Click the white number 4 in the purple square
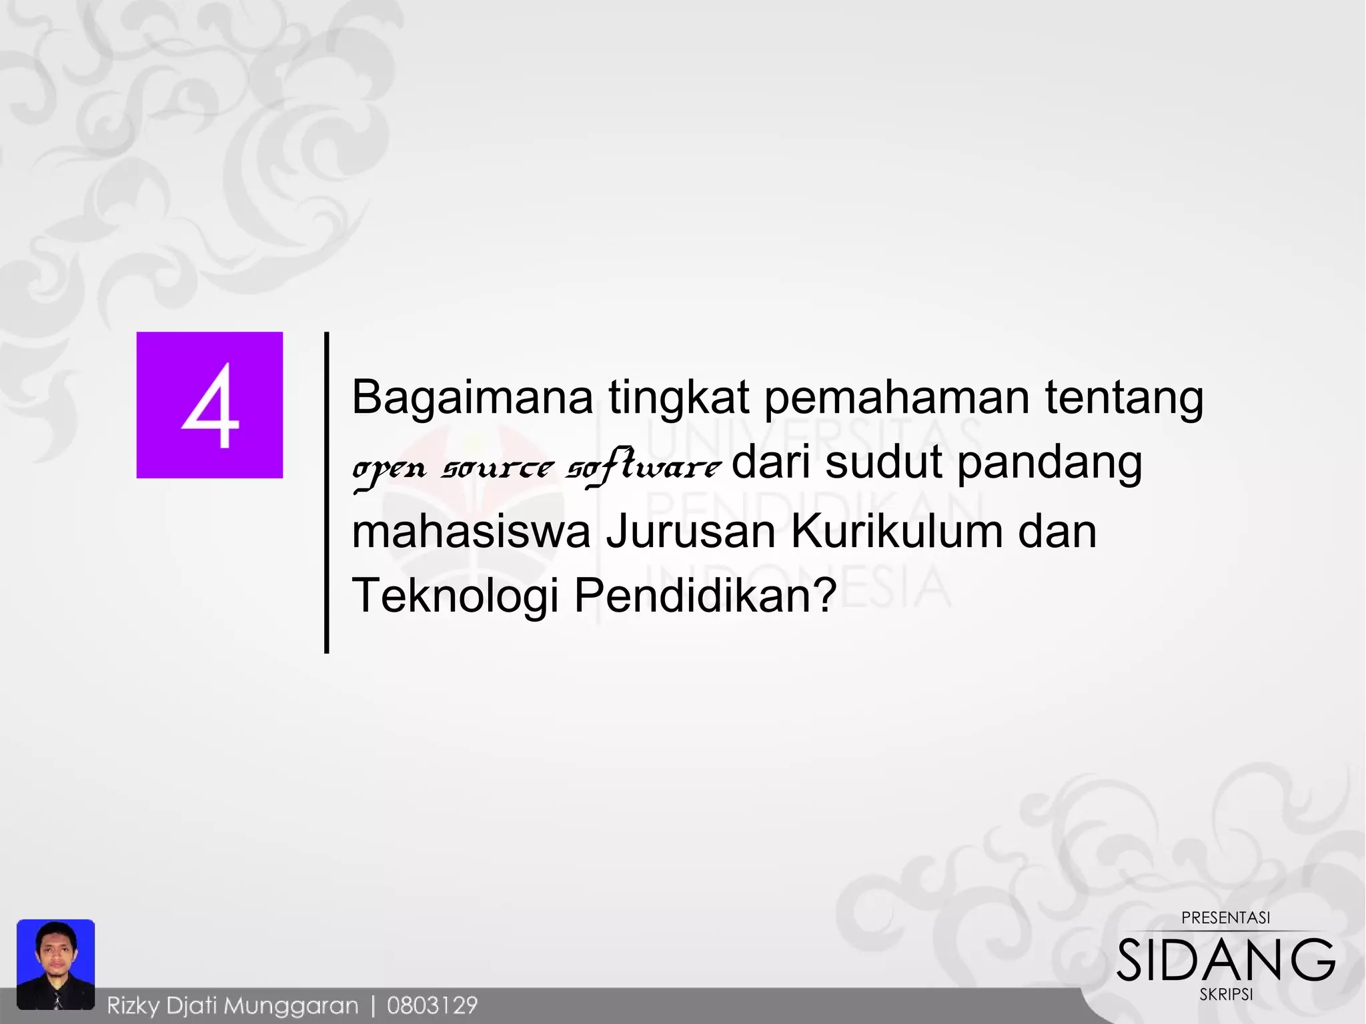tap(210, 405)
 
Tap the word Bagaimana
tap(472, 398)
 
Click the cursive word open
tap(389, 469)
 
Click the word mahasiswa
tap(471, 532)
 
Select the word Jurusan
tap(690, 532)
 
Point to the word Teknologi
tap(455, 596)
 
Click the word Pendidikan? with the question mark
tap(705, 595)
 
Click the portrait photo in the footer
tap(56, 963)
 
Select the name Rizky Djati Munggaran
tap(233, 1005)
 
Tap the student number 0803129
tap(432, 1005)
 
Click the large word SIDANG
tap(1225, 960)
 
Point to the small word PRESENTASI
tap(1225, 918)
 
